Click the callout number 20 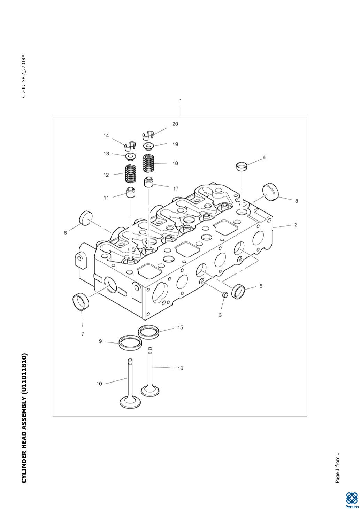click(175, 124)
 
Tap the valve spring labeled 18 click(148, 163)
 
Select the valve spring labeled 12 click(131, 173)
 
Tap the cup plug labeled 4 click(242, 166)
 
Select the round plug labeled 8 click(270, 192)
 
